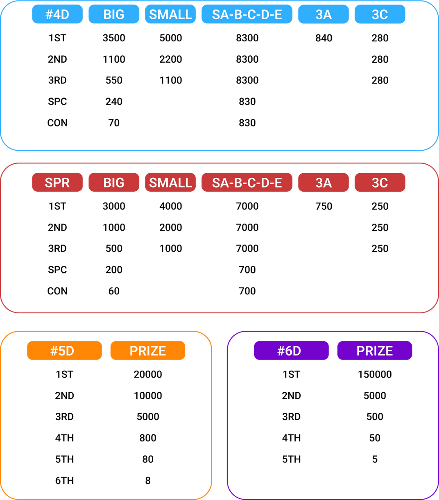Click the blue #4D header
(57, 14)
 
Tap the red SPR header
(57, 182)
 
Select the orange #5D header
(64, 351)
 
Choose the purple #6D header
(291, 351)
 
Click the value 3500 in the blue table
(114, 38)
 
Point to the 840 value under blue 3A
(324, 38)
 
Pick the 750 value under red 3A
(324, 206)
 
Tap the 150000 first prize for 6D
(375, 374)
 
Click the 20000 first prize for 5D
(148, 374)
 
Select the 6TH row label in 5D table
(64, 480)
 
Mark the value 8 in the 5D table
(148, 480)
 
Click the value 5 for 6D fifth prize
(375, 459)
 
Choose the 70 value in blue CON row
(114, 123)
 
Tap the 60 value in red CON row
(114, 291)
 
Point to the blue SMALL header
(170, 14)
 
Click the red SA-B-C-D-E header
(247, 182)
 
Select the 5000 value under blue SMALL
(170, 38)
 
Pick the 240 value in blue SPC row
(114, 102)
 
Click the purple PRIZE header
(375, 351)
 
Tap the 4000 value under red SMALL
(170, 206)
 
